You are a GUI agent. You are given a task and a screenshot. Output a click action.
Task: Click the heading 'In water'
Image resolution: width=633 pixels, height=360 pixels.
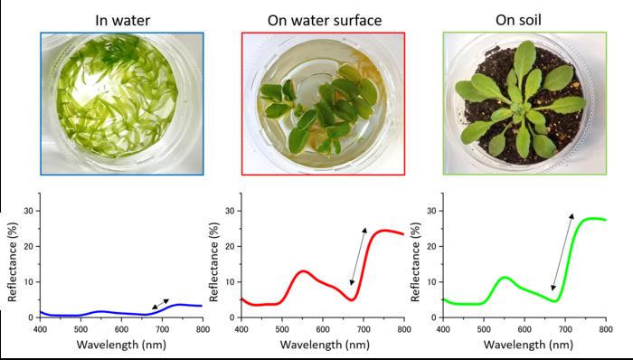click(123, 20)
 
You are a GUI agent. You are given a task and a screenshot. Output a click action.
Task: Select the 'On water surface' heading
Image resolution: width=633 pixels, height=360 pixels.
click(325, 20)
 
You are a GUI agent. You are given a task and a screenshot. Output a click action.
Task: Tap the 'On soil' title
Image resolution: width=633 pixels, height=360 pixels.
click(518, 20)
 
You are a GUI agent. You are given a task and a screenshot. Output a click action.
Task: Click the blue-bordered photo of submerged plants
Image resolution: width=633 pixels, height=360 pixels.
click(122, 104)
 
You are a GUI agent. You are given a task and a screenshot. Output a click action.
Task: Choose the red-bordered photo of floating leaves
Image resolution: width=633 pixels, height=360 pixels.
click(323, 104)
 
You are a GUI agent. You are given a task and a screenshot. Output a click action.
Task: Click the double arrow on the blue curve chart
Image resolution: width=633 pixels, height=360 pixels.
click(160, 304)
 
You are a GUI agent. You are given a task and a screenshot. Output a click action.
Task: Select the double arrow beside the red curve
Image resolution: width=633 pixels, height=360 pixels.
click(358, 256)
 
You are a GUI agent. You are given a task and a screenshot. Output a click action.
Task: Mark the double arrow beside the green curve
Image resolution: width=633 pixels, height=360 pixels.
click(562, 251)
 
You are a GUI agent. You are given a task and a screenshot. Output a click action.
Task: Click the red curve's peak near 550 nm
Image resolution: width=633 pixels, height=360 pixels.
click(304, 271)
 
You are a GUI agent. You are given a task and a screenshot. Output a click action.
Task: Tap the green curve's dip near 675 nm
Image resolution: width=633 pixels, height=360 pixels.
click(555, 300)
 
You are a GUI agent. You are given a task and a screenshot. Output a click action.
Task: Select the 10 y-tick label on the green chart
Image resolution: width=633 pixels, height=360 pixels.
click(433, 281)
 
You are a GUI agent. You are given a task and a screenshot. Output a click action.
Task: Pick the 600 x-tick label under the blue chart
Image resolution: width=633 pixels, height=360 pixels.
click(121, 329)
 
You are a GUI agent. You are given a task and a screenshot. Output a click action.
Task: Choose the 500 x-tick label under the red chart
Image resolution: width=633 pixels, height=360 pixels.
click(282, 329)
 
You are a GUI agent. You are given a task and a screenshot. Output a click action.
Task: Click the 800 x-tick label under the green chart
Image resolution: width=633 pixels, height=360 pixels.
click(606, 329)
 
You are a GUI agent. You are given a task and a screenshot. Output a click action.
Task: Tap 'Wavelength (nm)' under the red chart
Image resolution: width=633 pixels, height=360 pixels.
click(325, 345)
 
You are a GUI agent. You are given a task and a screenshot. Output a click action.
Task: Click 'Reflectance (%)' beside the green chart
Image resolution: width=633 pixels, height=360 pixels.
click(415, 261)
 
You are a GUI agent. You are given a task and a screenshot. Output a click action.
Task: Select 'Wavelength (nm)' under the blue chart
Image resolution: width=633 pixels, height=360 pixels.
click(121, 345)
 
